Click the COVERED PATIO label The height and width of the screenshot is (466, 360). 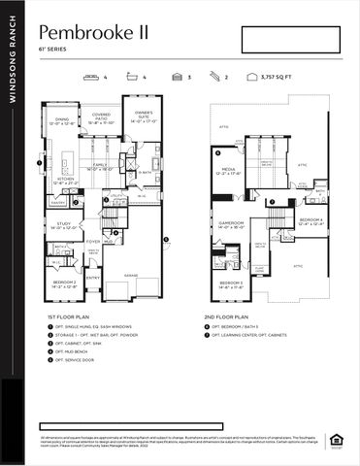tap(101, 120)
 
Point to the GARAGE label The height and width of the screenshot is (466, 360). tap(132, 275)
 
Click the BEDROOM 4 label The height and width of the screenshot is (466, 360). tap(311, 221)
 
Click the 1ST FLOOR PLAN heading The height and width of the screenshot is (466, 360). tap(71, 316)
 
